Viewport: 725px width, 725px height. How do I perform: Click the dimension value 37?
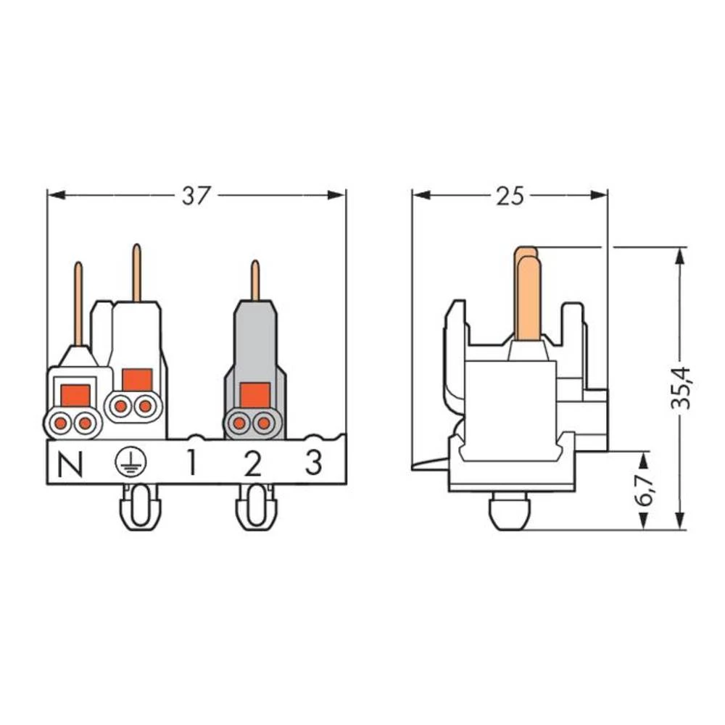coord(196,196)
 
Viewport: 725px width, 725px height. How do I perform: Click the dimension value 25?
coord(510,196)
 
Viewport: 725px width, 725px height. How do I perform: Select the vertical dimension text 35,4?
coord(681,389)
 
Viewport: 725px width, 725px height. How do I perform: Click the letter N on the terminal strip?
coord(70,464)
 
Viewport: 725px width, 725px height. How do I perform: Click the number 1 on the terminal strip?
coord(191,463)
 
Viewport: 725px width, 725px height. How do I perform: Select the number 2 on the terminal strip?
coord(252,463)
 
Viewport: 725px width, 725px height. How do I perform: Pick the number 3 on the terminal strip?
coord(313,463)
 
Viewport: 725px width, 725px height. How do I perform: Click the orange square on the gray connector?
coord(254,395)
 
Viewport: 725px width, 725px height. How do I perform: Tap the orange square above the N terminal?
coord(75,395)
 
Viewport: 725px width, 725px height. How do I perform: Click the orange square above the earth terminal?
coord(137,379)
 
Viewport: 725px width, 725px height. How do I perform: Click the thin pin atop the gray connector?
coord(255,281)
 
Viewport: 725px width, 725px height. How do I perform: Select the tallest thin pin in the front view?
coord(136,273)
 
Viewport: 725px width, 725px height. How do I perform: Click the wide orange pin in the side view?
coord(527,294)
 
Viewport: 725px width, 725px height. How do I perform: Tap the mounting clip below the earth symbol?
coord(140,507)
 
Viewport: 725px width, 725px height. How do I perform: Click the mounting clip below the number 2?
coord(257,507)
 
